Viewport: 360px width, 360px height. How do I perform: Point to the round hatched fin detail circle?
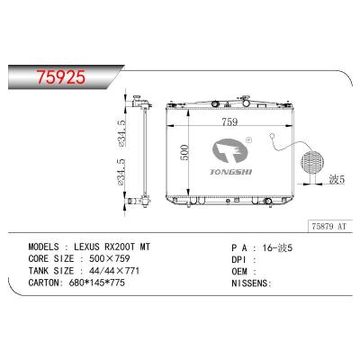tap(311, 165)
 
